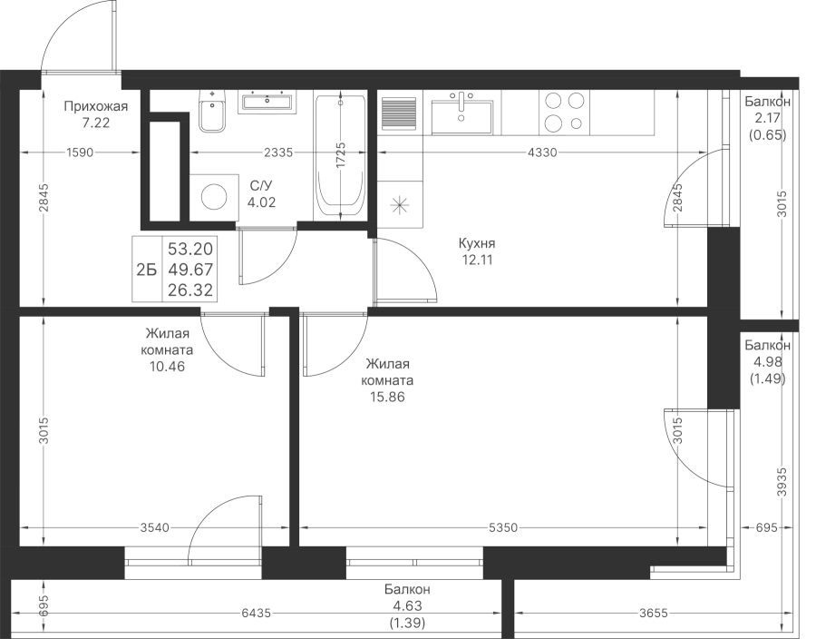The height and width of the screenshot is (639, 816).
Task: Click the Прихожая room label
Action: pyautogui.click(x=96, y=107)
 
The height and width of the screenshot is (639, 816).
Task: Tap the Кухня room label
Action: pyautogui.click(x=477, y=243)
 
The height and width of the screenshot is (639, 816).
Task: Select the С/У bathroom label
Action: pyautogui.click(x=261, y=186)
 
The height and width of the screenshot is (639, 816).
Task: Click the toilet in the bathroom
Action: pyautogui.click(x=213, y=111)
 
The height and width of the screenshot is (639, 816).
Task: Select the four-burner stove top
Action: pyautogui.click(x=564, y=112)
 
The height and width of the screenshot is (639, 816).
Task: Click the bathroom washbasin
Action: pyautogui.click(x=267, y=102)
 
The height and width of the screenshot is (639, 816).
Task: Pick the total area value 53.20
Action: pyautogui.click(x=190, y=249)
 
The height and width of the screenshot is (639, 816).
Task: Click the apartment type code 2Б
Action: pyautogui.click(x=146, y=270)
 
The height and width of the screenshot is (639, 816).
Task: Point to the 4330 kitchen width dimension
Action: pyautogui.click(x=542, y=152)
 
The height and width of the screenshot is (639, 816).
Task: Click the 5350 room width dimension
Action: pyautogui.click(x=503, y=528)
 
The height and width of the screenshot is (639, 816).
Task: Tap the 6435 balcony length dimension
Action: pyautogui.click(x=256, y=614)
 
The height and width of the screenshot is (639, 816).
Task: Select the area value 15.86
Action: pyautogui.click(x=388, y=398)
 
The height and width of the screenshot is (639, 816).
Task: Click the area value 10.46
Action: pyautogui.click(x=167, y=366)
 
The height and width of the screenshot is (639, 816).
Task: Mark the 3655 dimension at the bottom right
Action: pyautogui.click(x=653, y=614)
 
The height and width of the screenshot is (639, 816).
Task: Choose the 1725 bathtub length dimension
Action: pyautogui.click(x=341, y=155)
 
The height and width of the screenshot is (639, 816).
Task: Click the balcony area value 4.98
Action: pyautogui.click(x=768, y=362)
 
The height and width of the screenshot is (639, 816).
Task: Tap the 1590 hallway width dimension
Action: pyautogui.click(x=80, y=152)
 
